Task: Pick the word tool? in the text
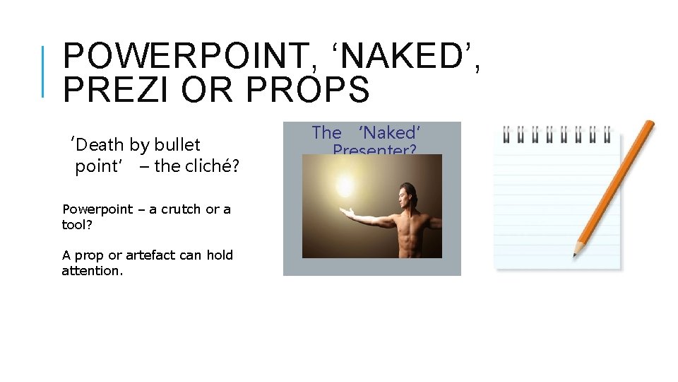click(x=77, y=224)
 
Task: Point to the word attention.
click(x=92, y=271)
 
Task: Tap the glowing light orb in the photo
click(x=345, y=187)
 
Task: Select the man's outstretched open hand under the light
click(x=347, y=212)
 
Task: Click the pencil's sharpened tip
click(x=576, y=252)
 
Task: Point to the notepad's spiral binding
click(x=554, y=132)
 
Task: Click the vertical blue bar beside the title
click(x=43, y=71)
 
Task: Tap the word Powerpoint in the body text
click(x=97, y=209)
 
